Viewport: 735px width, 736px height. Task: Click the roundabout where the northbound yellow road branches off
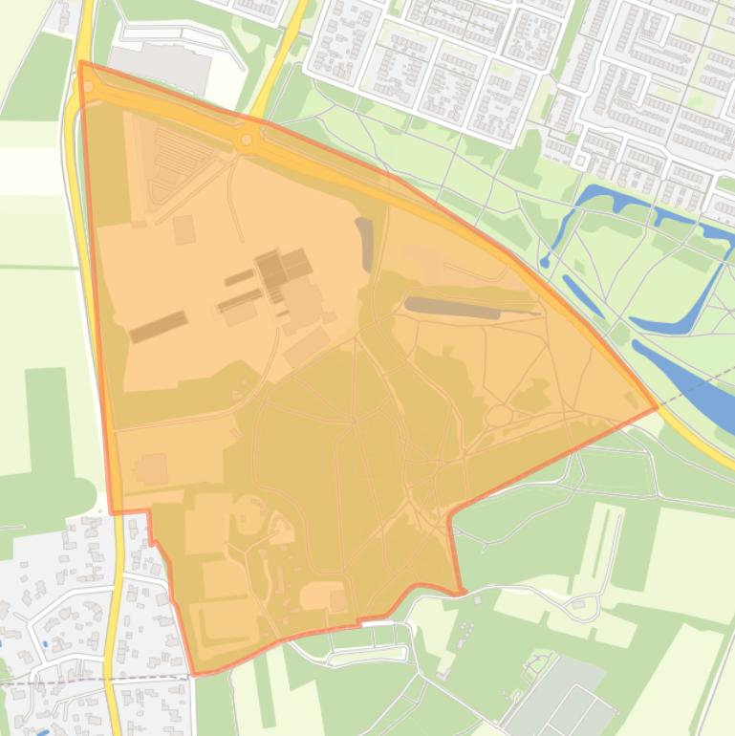(247, 141)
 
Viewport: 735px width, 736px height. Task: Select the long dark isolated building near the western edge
(159, 327)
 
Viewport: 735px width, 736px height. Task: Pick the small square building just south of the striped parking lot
(184, 229)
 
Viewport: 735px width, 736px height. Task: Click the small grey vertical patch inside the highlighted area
(365, 244)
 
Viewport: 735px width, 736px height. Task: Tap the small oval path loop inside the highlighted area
(499, 416)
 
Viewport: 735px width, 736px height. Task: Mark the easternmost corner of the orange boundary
(657, 408)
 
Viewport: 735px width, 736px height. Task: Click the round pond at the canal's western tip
(544, 261)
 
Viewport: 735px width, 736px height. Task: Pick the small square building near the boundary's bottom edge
(337, 600)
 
